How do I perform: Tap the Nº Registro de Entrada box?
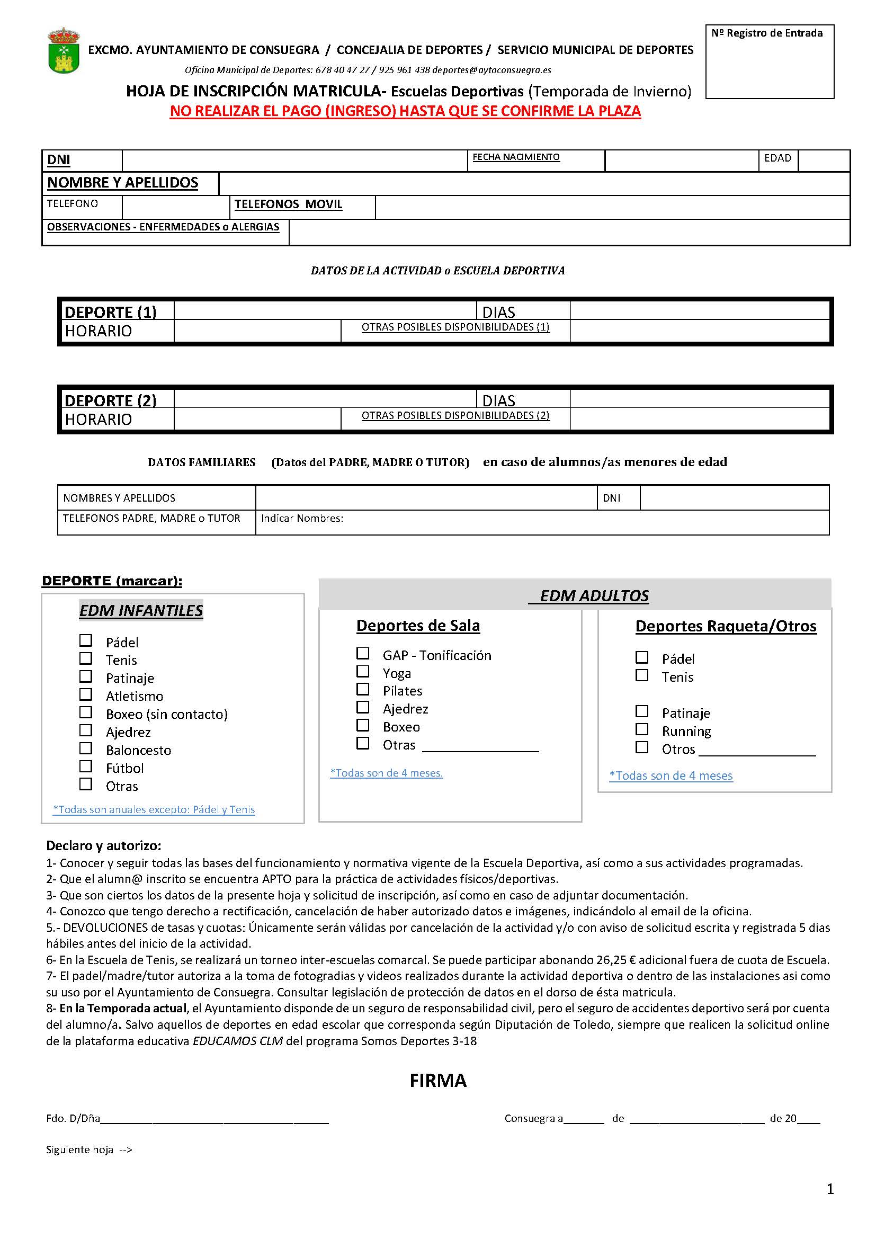(769, 61)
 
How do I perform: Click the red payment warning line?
(405, 111)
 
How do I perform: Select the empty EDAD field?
(824, 161)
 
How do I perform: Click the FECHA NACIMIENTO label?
(516, 157)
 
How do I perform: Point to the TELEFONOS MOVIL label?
(288, 204)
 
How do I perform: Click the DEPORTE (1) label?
(111, 312)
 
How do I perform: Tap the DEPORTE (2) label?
(111, 400)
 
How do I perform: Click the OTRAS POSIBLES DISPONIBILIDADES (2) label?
(455, 415)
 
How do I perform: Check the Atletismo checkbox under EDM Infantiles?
(86, 694)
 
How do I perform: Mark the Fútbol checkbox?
(86, 766)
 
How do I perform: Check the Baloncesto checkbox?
(86, 748)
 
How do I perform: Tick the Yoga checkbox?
(363, 671)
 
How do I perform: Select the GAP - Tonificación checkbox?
(363, 654)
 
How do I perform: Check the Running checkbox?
(642, 729)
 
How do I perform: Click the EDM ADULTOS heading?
(593, 596)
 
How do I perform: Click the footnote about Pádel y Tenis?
(154, 809)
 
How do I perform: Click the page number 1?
(830, 1189)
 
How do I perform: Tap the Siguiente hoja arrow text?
(89, 1150)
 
